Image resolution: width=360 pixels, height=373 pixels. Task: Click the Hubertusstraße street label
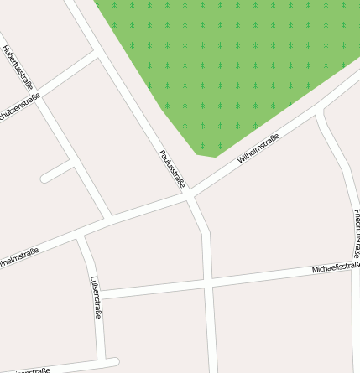18,68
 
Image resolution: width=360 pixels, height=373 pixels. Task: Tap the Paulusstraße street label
171,168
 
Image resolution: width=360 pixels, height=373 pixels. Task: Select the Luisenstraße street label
95,298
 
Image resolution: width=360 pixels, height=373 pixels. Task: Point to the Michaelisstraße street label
335,268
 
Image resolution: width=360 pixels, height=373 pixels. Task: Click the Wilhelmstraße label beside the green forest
258,148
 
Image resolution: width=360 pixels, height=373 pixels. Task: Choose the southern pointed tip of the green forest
206,154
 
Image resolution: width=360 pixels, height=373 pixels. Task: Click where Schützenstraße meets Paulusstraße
100,55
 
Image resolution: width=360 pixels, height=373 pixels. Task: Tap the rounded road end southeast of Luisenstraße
113,363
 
